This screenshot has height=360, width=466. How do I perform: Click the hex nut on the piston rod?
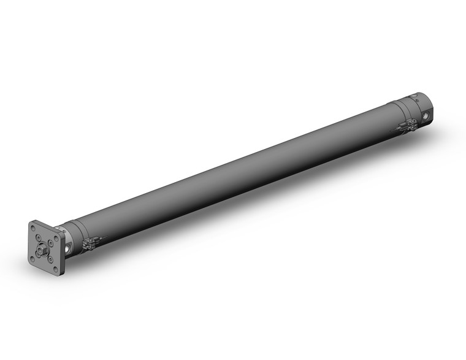point(45,250)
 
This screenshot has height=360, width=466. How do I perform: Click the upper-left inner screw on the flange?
point(40,239)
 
